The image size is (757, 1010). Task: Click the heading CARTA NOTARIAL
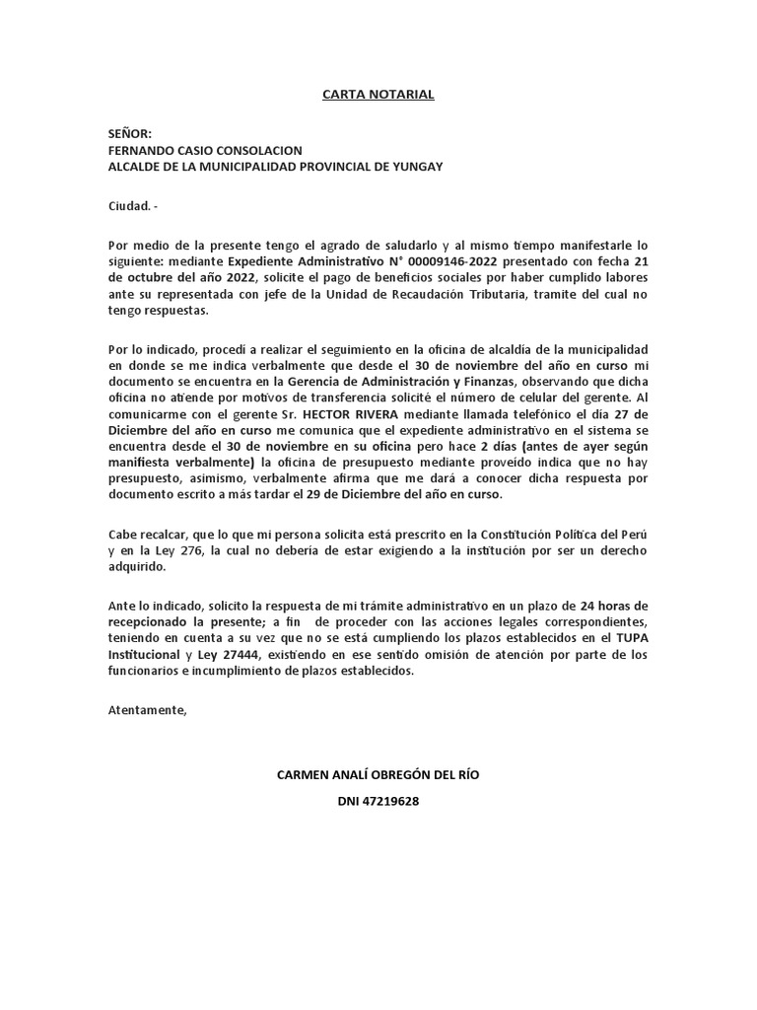[x=378, y=95]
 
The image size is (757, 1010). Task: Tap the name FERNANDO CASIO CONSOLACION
[x=205, y=151]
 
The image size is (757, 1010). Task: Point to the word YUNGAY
[x=417, y=167]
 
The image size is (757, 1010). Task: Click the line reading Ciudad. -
[x=132, y=206]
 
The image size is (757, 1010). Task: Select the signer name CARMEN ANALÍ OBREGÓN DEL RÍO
[x=378, y=774]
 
